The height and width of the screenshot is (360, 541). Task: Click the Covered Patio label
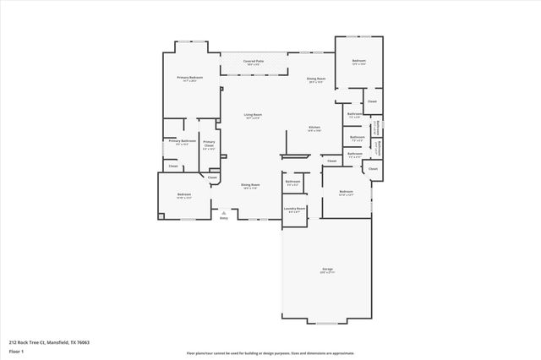pos(252,62)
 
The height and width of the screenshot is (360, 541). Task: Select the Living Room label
pos(253,115)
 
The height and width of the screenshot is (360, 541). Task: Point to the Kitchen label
pos(314,128)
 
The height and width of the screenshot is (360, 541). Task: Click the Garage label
pos(326,270)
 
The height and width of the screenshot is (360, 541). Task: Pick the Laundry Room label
pos(294,209)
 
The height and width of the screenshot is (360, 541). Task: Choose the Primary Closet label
pos(209,144)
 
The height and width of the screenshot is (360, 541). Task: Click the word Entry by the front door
pos(224,218)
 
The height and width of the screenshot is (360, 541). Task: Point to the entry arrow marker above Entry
pos(224,212)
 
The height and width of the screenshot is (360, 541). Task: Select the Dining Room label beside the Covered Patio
pos(317,79)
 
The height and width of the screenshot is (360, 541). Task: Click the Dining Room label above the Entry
pos(250,185)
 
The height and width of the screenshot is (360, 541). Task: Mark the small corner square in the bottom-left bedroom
pos(160,216)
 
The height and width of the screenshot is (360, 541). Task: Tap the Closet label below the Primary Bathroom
pos(172,166)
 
